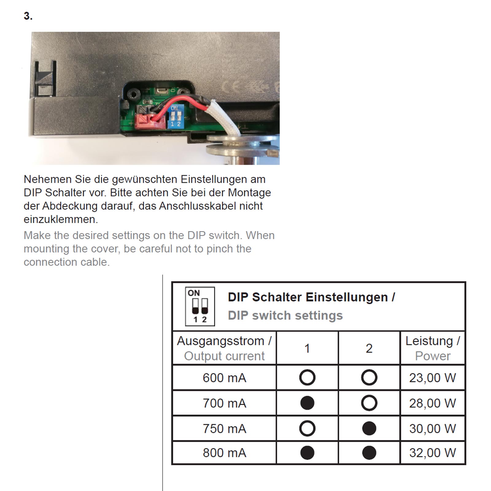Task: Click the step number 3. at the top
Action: [28, 16]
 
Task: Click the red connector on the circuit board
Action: [150, 122]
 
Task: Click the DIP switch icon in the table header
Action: [200, 306]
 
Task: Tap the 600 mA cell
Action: [224, 378]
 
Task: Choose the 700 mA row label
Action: [224, 403]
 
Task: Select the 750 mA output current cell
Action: [224, 429]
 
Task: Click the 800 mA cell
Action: [224, 453]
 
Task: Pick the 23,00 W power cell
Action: [432, 378]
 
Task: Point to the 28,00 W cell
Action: [432, 403]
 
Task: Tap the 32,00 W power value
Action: [432, 453]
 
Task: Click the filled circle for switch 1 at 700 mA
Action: [307, 403]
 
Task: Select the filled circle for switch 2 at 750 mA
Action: [369, 428]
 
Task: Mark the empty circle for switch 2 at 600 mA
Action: [369, 377]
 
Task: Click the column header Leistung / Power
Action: [432, 348]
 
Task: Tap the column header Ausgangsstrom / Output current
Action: [224, 348]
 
